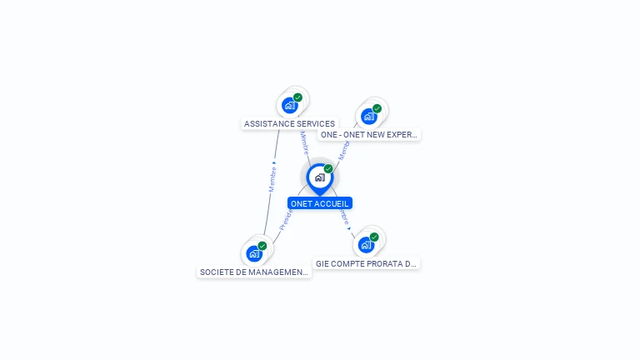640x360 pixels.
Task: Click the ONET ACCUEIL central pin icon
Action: tap(319, 177)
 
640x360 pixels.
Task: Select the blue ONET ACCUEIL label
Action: tap(320, 203)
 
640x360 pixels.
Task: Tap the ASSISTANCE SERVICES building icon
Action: tap(289, 105)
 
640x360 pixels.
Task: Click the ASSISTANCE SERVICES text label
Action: tap(289, 124)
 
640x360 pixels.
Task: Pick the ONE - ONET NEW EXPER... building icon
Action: tap(368, 116)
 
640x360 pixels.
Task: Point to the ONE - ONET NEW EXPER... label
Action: tap(368, 134)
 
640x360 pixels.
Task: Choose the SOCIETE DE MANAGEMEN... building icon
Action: tap(254, 253)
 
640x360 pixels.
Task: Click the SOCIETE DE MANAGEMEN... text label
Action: tap(254, 272)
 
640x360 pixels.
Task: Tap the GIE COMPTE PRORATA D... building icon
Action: tap(365, 245)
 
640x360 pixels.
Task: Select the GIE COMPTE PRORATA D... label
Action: tap(366, 263)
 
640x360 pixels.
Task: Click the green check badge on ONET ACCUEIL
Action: tap(328, 169)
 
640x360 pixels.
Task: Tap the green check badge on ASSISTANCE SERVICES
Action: tap(297, 97)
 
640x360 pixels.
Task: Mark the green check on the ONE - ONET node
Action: tap(377, 108)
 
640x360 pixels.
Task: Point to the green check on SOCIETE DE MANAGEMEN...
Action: tap(262, 246)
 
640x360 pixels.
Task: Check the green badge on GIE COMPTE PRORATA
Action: tap(374, 237)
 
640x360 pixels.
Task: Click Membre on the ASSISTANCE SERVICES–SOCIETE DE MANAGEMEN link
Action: tap(272, 177)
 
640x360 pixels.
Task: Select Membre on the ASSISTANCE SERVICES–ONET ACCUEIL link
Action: tap(304, 143)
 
